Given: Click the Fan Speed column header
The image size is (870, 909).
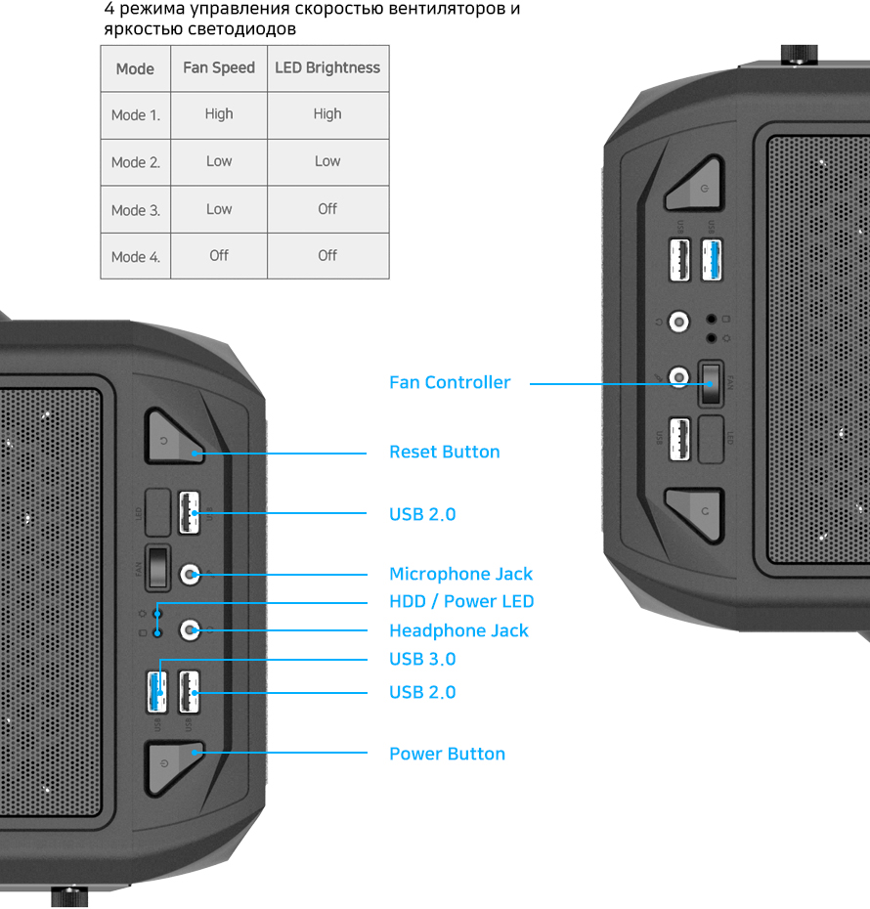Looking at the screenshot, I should [x=219, y=68].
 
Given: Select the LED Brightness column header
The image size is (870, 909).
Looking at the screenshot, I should [x=327, y=68].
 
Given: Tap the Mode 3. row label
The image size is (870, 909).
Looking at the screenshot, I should [x=135, y=210].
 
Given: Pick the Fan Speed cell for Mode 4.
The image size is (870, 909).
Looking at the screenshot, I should [x=219, y=255].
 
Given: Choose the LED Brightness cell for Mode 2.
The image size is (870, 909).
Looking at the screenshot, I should [x=327, y=161].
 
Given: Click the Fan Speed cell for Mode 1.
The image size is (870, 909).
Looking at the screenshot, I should [x=219, y=114].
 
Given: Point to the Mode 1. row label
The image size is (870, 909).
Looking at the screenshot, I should [x=135, y=115].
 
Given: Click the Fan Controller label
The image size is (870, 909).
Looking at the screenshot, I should [x=450, y=383].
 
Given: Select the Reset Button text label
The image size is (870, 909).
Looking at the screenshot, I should [x=444, y=453].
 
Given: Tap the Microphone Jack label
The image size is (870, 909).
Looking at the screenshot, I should [x=460, y=575].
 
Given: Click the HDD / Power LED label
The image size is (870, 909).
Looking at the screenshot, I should [x=461, y=602].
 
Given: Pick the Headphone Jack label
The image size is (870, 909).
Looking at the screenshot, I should [x=458, y=631].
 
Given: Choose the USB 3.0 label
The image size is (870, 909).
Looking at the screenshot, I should [x=422, y=660].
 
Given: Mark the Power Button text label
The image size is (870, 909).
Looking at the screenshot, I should [x=447, y=755].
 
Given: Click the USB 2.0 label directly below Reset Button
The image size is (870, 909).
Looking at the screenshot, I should [x=422, y=515].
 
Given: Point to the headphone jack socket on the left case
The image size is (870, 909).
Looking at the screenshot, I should [x=191, y=630].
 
